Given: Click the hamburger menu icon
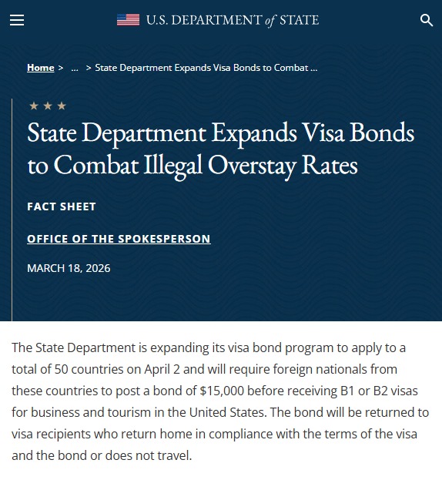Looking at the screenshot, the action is tap(17, 20).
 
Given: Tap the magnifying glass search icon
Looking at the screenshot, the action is tap(427, 20).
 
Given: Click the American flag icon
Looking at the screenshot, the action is tap(128, 20).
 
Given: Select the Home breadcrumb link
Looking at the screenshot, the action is tap(41, 68).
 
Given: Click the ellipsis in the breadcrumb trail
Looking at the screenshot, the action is tap(75, 68).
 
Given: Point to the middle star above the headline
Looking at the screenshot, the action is tap(48, 106).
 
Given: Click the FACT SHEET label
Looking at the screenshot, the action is tap(62, 206).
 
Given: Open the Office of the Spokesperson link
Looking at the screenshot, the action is tap(119, 239).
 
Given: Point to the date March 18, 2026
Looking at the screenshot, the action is tap(69, 268).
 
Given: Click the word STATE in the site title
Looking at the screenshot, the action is tap(299, 20).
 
